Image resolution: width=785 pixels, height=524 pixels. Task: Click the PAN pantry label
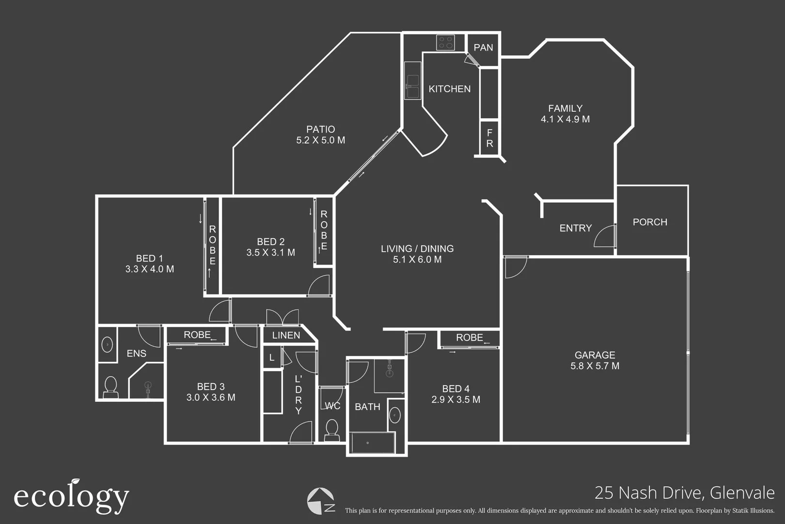483,48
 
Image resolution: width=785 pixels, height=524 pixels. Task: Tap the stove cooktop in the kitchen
445,43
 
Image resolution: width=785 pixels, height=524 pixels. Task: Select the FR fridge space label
489,138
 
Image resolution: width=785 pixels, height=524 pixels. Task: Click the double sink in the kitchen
412,86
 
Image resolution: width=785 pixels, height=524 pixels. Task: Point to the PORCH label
650,222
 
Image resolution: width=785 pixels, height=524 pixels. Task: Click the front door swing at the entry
605,237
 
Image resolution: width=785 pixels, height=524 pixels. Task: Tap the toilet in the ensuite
111,387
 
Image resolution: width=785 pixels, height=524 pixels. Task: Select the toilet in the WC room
332,429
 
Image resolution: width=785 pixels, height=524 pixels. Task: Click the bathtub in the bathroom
372,442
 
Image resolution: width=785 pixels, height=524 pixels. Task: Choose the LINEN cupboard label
286,335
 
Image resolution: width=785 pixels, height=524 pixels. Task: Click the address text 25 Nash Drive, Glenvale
684,492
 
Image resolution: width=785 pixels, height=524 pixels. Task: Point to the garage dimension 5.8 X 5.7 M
595,366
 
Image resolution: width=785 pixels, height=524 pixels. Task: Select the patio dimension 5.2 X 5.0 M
320,140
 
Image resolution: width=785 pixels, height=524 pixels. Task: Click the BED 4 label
455,389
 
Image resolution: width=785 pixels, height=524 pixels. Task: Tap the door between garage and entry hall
515,267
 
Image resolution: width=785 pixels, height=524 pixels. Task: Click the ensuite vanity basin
107,345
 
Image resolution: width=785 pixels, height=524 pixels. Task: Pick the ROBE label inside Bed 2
324,230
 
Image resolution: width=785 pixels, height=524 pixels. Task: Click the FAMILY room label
565,108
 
